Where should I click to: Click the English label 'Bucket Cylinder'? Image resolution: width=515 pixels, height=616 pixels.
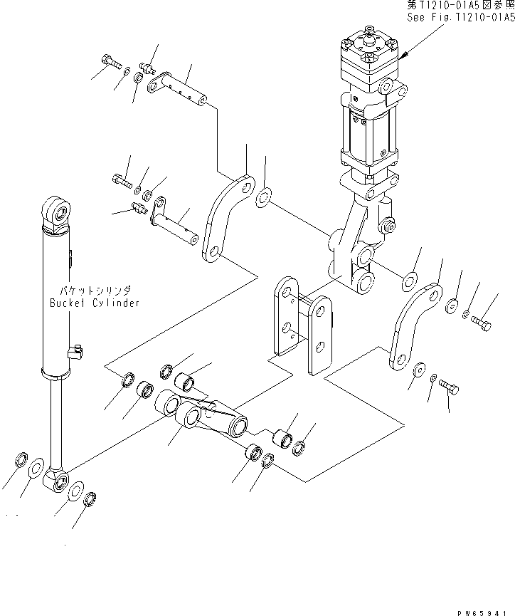click(95, 303)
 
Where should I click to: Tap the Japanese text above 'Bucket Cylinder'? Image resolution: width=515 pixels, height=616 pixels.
click(95, 291)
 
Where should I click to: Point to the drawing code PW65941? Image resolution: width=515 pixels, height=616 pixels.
click(483, 610)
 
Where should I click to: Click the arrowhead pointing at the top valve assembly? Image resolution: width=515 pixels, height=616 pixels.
click(403, 56)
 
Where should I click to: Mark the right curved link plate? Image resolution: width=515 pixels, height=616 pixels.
click(415, 327)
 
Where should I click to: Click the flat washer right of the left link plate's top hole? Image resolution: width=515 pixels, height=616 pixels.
click(262, 197)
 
